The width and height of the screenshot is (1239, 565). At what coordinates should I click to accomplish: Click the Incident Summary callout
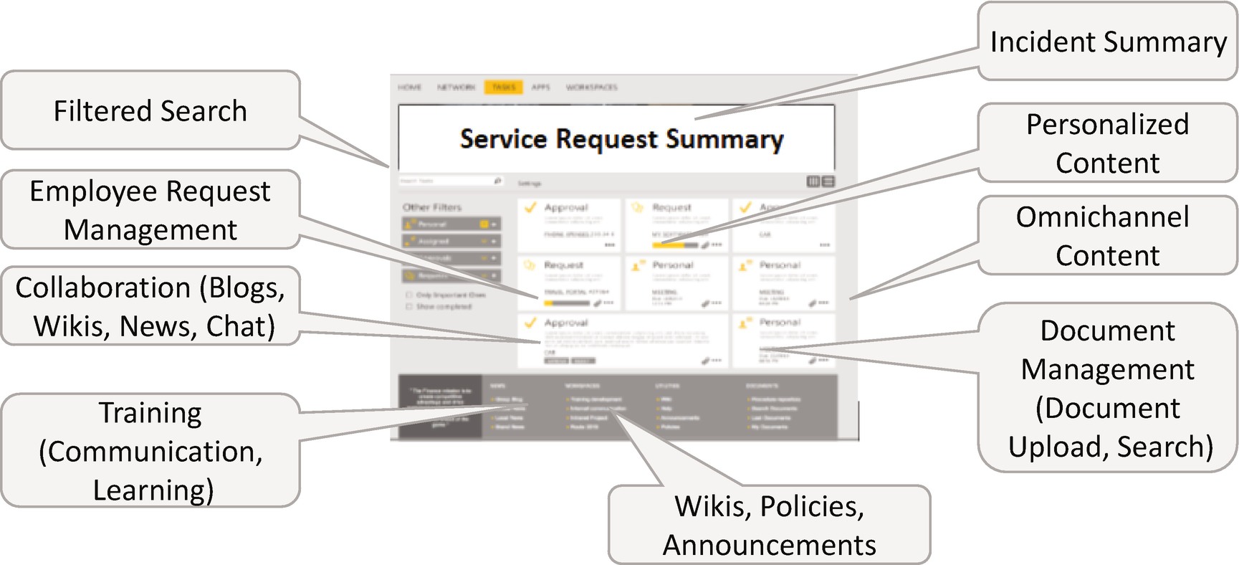tap(1108, 42)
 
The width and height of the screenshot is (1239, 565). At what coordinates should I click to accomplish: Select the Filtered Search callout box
tap(150, 111)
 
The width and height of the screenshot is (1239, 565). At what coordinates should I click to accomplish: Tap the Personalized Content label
tap(1107, 143)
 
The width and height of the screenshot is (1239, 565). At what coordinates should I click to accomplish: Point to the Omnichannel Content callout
tap(1107, 236)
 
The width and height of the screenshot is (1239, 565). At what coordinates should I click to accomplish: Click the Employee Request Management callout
tap(150, 210)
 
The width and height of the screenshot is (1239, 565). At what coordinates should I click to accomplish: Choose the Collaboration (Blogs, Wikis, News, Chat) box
tap(150, 306)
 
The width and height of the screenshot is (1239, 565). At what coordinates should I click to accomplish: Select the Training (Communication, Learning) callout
tap(150, 451)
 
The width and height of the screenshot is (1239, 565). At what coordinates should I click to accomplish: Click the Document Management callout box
tap(1109, 388)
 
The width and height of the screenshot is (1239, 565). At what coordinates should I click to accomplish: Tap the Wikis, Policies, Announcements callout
tap(769, 526)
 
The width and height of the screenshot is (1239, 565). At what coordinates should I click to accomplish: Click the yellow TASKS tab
tap(503, 87)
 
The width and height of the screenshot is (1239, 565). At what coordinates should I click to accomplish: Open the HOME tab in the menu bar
tap(410, 87)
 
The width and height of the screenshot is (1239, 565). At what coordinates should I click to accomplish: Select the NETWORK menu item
tap(456, 87)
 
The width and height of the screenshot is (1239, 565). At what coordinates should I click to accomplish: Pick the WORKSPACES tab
tap(591, 87)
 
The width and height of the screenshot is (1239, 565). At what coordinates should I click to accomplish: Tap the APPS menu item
tap(540, 87)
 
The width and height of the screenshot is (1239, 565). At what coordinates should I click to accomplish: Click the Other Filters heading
tap(432, 207)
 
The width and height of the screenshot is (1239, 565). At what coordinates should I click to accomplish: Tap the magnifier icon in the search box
tap(497, 181)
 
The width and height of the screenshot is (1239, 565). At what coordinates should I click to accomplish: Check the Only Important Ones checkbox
tap(409, 295)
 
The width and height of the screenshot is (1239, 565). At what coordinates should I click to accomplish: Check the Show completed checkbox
tap(409, 306)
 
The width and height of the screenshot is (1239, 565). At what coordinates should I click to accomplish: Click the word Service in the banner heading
tap(503, 138)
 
